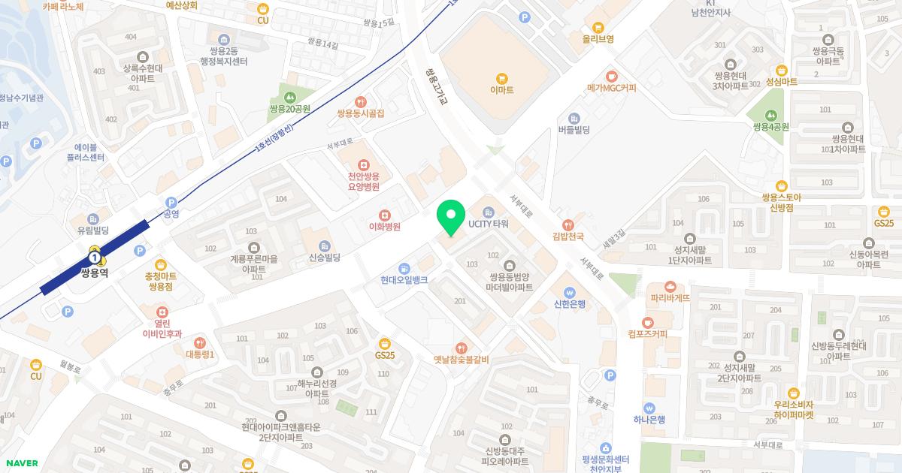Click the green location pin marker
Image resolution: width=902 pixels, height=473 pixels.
pos(450,218)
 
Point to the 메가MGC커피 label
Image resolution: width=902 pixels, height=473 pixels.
pos(612,88)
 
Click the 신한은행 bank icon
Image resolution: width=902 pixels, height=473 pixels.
pos(569,292)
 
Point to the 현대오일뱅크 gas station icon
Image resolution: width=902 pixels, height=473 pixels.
pos(404,268)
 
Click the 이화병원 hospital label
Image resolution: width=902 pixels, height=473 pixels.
pos(384,227)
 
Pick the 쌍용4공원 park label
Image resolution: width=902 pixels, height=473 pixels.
pos(770,127)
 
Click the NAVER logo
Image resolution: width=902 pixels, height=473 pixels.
pos(21,463)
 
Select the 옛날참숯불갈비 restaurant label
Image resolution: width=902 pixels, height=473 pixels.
pos(461,360)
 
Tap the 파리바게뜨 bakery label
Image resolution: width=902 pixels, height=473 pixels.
pos(670,298)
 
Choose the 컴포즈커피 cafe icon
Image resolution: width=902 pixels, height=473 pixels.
pos(648,323)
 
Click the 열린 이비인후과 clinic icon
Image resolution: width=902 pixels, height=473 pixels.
pos(162,312)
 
